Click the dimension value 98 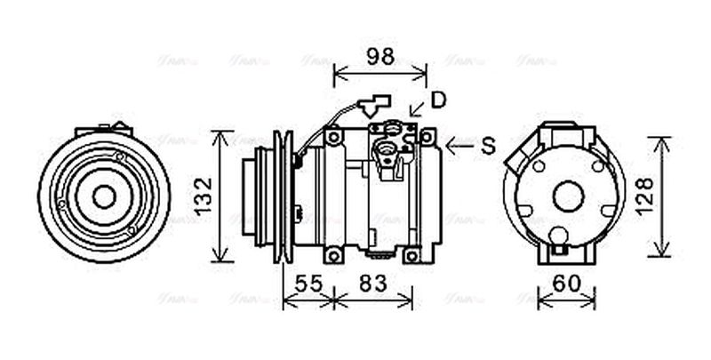(379, 57)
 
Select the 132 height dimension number (204, 196)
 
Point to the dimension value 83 (373, 284)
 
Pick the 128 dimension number (645, 196)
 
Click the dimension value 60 (566, 284)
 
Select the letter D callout (437, 100)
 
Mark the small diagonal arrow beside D (416, 110)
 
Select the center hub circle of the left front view (104, 196)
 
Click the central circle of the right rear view (566, 196)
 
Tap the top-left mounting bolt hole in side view (333, 137)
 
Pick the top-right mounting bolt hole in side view (427, 136)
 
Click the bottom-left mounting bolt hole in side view (333, 256)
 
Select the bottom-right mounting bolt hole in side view (411, 256)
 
